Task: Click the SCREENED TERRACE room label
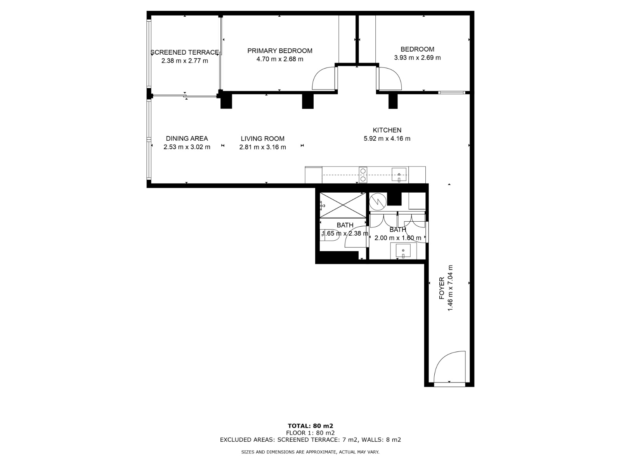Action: pos(184,52)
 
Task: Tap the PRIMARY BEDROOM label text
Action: pos(280,51)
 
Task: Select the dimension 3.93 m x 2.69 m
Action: pos(417,58)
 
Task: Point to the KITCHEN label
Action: pos(387,130)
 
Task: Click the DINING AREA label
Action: pos(187,138)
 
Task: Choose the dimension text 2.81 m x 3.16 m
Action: pos(262,147)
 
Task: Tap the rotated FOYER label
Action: pos(442,288)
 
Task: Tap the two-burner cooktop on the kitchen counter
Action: pos(363,175)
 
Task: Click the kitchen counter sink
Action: pos(399,174)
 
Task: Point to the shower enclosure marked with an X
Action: pos(343,205)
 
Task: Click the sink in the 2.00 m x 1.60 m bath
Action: pos(403,250)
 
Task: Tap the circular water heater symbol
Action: pos(378,201)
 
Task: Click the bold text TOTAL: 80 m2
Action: pos(310,426)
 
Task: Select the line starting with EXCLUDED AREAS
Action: pos(310,439)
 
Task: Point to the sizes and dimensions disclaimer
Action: pos(310,452)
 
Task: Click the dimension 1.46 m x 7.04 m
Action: pos(450,288)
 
